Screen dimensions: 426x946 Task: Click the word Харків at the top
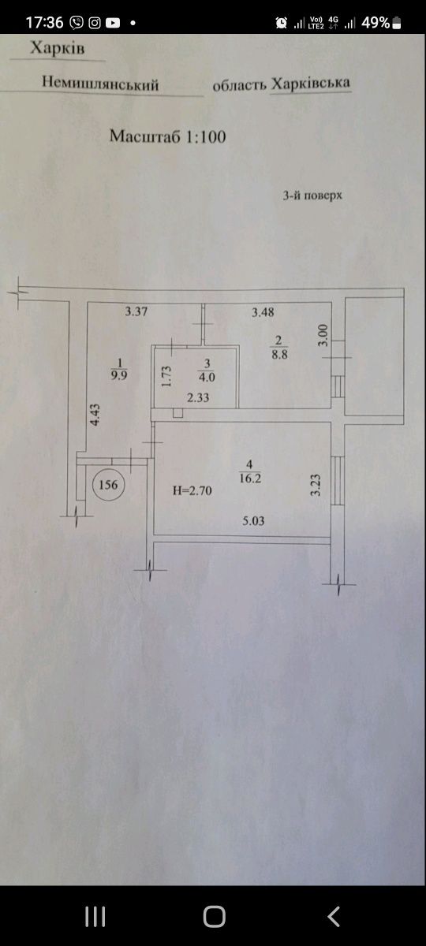pos(58,48)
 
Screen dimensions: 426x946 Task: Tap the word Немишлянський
pos(100,83)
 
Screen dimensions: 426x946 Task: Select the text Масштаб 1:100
pos(168,136)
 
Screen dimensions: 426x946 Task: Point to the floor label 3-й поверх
pos(312,196)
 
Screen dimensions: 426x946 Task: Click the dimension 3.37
pos(136,311)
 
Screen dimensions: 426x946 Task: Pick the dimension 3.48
pos(263,312)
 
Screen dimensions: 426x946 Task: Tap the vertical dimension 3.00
pos(323,335)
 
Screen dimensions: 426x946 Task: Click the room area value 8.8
pos(279,354)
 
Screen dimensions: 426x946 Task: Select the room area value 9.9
pos(119,375)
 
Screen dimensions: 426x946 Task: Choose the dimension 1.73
pos(166,376)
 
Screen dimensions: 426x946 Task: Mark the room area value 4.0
pos(207,377)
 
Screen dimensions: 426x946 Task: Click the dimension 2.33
pos(198,397)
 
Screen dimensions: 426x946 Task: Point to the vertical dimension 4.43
pos(95,415)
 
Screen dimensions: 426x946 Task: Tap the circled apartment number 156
pos(108,484)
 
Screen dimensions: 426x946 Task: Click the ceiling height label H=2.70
pos(192,490)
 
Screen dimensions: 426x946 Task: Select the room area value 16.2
pos(250,479)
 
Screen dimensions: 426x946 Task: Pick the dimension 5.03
pos(253,521)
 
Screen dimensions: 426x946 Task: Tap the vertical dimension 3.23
pos(316,486)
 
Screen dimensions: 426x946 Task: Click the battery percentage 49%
pos(376,22)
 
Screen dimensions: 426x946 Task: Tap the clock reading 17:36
pos(44,22)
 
